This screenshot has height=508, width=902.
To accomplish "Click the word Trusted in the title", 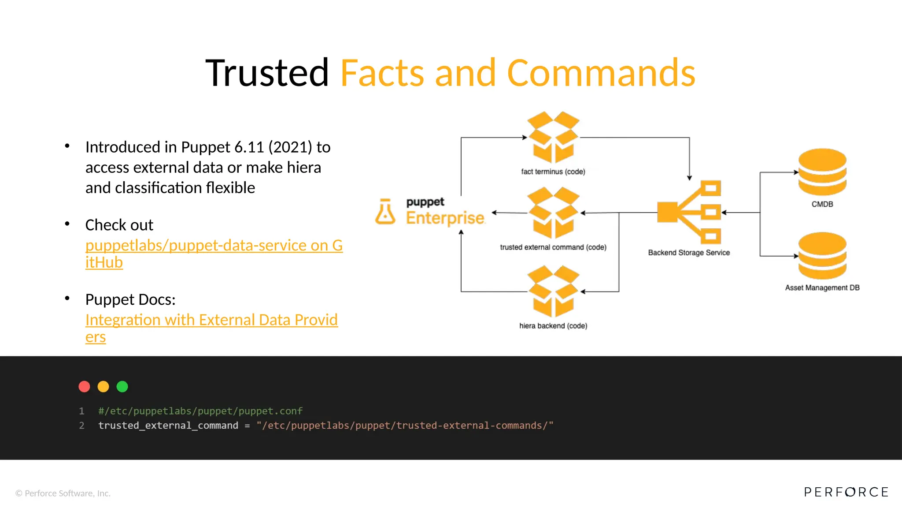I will (x=267, y=73).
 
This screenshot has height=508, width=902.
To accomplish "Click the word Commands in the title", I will (x=601, y=73).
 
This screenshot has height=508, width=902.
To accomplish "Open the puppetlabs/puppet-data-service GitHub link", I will (x=214, y=246).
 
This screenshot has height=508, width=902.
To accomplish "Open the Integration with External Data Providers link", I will (x=211, y=320).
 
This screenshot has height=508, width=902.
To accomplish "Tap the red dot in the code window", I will (x=84, y=387).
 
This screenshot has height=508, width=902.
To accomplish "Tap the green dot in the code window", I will (x=122, y=387).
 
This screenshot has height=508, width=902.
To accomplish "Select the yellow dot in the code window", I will (x=103, y=387).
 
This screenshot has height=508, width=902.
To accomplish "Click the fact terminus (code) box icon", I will (x=553, y=137).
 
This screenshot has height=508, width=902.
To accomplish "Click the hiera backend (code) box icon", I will (x=553, y=291).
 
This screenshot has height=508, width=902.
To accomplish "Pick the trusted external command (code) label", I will (x=553, y=247).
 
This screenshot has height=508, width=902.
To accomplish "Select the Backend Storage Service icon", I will (x=689, y=212).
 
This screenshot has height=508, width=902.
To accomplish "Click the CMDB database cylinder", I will (x=822, y=172).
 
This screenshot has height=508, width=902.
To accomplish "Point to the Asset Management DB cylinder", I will (x=822, y=256).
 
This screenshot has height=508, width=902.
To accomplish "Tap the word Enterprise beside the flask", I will (x=445, y=218).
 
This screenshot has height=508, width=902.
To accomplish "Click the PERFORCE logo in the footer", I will (x=846, y=492).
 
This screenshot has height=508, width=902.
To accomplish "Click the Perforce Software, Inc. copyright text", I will (x=63, y=493).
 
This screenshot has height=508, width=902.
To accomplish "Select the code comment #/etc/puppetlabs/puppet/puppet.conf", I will (x=200, y=411).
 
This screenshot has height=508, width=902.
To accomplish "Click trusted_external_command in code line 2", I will (x=168, y=426).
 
